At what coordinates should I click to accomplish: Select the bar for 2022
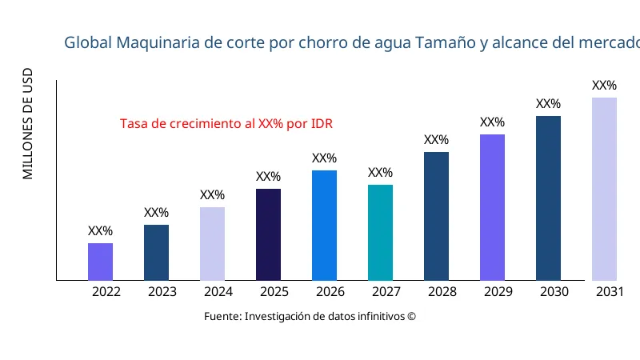100,262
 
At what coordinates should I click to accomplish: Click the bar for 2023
156,252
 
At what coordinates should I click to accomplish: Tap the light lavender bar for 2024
212,243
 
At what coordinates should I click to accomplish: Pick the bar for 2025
268,234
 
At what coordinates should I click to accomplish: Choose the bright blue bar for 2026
324,225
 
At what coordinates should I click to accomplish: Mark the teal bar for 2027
380,232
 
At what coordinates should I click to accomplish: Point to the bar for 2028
436,216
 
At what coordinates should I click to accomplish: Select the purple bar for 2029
492,207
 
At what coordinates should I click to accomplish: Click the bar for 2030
548,198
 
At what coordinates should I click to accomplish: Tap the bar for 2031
604,189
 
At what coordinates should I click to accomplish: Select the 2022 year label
106,292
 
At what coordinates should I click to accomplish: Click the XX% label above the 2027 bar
380,173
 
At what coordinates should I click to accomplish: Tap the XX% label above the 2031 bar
604,86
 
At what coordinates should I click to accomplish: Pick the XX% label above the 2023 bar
156,213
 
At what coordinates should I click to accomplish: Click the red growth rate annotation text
226,124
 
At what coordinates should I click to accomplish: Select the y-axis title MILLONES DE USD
28,124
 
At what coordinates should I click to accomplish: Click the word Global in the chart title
88,42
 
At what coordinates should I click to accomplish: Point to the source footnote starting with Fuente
310,317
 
